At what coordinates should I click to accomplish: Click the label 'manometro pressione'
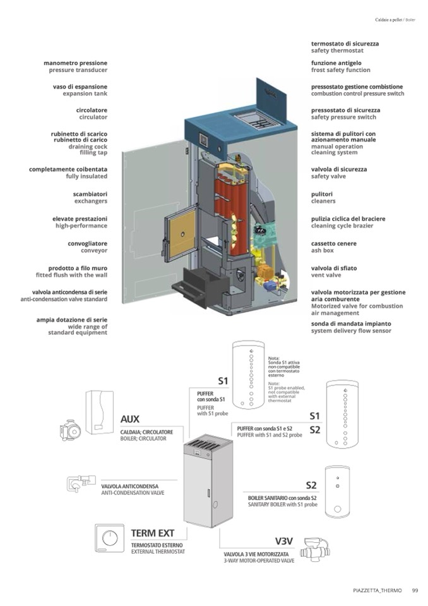pos(75,63)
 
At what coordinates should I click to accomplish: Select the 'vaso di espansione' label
pos(80,87)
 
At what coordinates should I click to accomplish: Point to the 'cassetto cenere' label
pos(333,243)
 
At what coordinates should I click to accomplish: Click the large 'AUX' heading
pos(129,419)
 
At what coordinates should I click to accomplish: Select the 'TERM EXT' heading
pos(152,533)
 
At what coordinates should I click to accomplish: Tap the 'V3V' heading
pos(284,542)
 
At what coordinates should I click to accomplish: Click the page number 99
pos(415,591)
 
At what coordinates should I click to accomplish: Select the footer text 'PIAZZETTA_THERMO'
pos(377,591)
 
